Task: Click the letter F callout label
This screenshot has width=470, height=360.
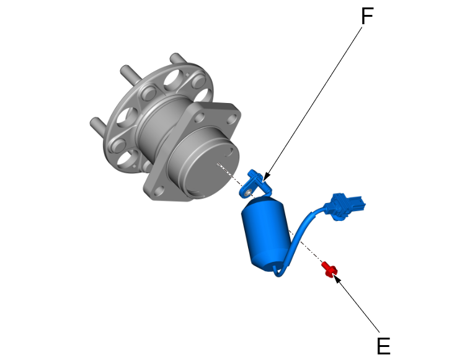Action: tap(367, 16)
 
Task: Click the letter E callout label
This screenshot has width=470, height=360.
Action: tap(383, 346)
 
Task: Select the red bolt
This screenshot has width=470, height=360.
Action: tap(329, 269)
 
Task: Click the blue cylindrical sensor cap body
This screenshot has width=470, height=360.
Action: tap(266, 234)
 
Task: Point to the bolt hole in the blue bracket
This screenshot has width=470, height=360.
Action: tap(247, 193)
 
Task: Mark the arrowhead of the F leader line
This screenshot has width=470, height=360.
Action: tap(265, 178)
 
